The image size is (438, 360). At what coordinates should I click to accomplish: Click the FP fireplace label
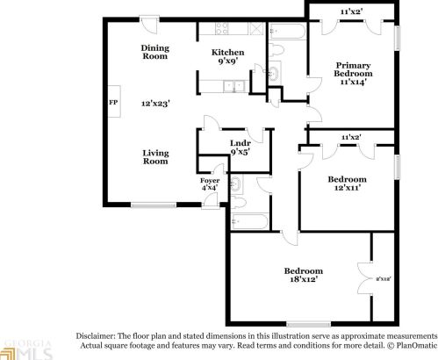112,103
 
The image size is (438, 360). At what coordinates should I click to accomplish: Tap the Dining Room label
154,53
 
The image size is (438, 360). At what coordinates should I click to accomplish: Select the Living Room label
155,157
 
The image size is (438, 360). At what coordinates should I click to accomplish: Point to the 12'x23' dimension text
154,103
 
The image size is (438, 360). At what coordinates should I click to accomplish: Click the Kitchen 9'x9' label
226,58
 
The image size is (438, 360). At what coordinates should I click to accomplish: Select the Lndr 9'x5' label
240,148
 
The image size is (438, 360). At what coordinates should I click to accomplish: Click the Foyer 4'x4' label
209,184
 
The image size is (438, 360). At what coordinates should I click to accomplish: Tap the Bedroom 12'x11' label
347,184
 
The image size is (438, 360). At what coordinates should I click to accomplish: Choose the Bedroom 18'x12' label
303,274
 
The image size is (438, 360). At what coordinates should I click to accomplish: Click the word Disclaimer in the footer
97,337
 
